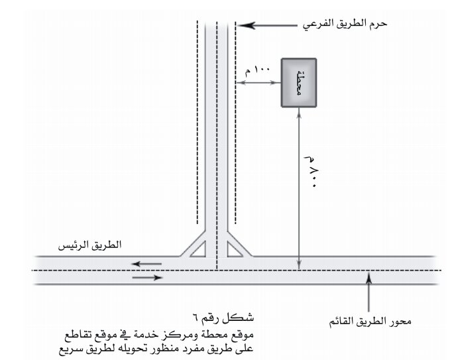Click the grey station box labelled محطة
pos(299,83)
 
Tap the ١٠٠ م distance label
pos(257,70)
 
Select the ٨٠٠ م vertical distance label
pos(312,172)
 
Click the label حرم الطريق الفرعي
pos(345,25)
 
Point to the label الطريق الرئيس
pos(90,245)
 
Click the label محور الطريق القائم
pos(370,322)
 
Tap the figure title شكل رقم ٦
pos(223,318)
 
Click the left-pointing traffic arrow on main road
pos(146,264)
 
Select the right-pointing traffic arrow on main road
pos(147,278)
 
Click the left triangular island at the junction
pos(199,250)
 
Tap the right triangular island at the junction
pos(234,250)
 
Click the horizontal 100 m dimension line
pos(258,83)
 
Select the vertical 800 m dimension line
pos(299,188)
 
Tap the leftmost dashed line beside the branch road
pos(198,122)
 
